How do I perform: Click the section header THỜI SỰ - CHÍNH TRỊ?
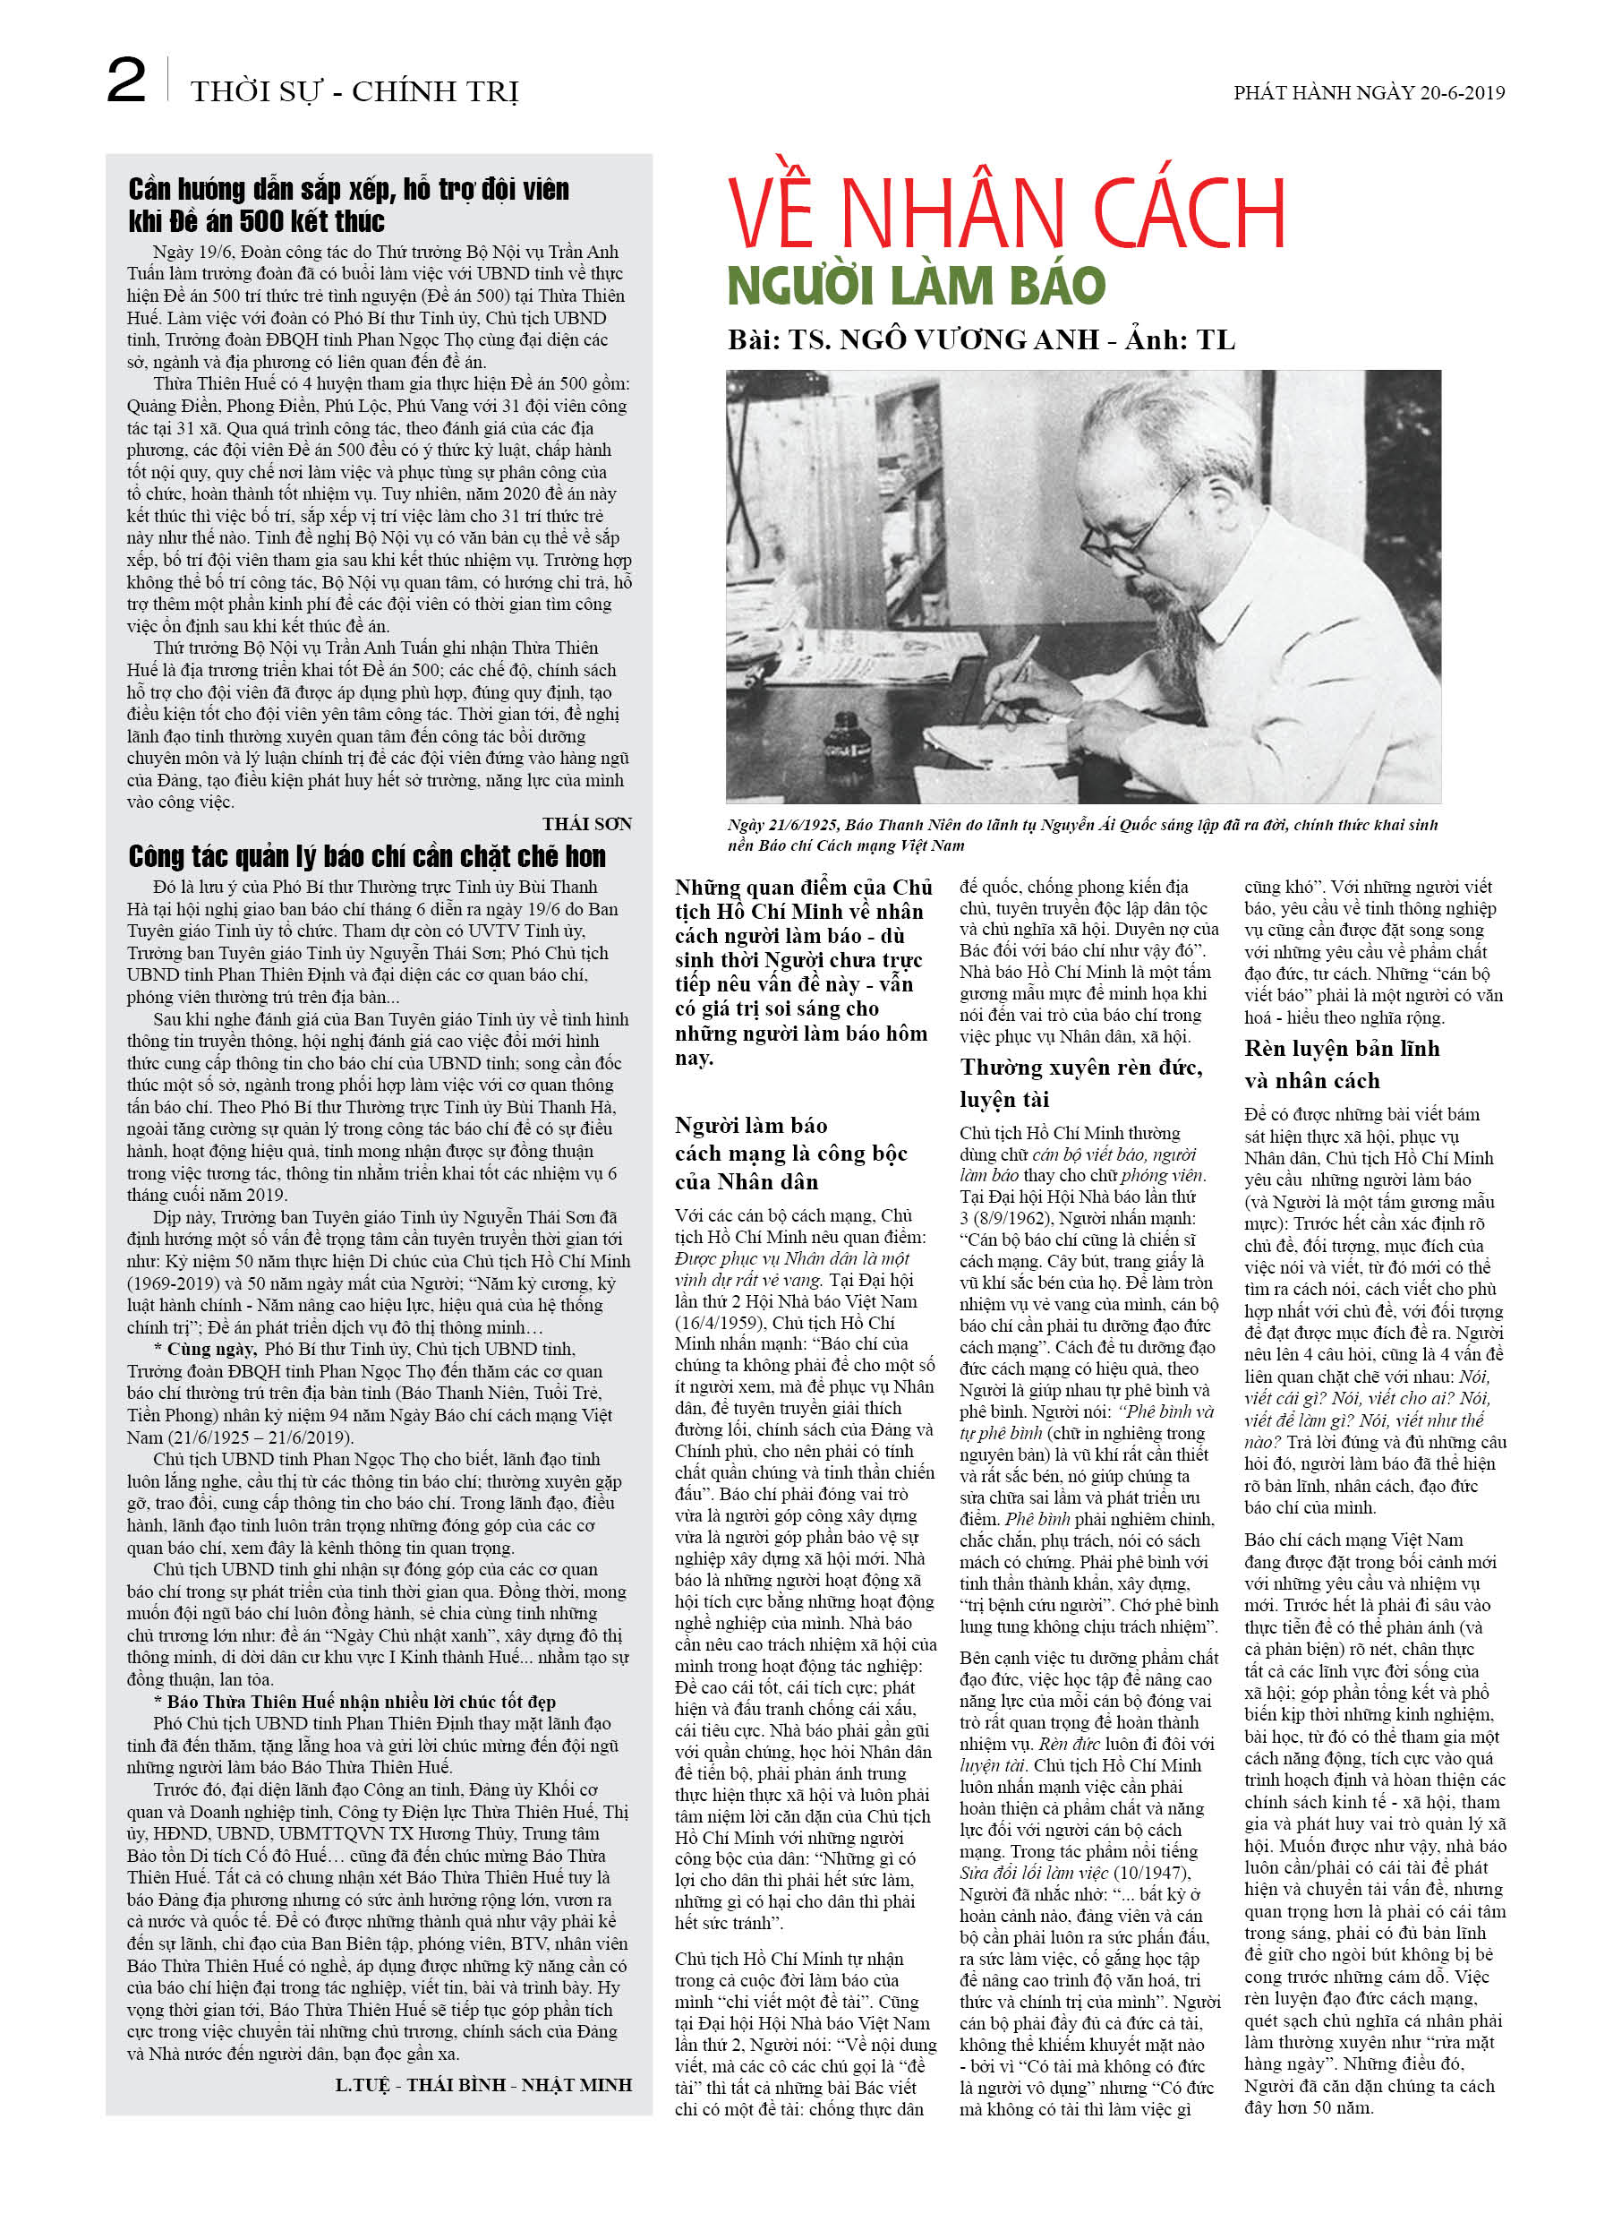coord(354,91)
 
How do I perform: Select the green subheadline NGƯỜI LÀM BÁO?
coord(916,286)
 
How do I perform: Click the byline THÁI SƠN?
coord(586,824)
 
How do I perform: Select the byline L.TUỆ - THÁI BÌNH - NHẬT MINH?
coord(482,2085)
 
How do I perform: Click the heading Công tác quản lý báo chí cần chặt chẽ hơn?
coord(366,856)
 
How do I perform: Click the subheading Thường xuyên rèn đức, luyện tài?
coord(1080,1083)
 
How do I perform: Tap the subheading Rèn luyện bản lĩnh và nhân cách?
coord(1341,1064)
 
